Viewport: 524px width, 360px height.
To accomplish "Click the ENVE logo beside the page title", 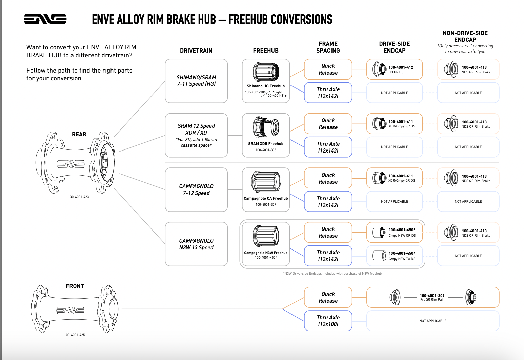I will (x=45, y=19).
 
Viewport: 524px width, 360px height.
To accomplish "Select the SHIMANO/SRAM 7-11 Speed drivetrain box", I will (x=196, y=81).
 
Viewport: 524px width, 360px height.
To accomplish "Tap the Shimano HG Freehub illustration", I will (x=266, y=72).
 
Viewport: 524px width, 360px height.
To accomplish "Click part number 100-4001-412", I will (x=401, y=67).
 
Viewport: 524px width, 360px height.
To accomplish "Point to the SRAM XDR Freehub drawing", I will (x=266, y=127).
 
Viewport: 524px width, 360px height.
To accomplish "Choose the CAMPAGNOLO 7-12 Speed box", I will (x=196, y=189).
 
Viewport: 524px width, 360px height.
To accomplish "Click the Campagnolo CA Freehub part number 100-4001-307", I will (x=266, y=205).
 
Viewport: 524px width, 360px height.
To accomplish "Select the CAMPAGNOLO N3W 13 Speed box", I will (x=196, y=244).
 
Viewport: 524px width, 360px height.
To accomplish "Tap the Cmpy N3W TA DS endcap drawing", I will (x=379, y=256).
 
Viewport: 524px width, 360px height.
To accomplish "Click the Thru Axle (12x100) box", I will (x=328, y=321).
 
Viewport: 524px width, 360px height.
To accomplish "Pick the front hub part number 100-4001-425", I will (x=75, y=335).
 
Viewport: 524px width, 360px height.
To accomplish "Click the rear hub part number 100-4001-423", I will (x=79, y=197).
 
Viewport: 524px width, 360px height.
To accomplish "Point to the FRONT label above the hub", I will (x=75, y=286).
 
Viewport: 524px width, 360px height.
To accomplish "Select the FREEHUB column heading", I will (x=266, y=51).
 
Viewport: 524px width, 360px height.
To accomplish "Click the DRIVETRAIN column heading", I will (x=196, y=51).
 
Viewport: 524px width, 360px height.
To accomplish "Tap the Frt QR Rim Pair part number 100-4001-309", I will (x=432, y=296).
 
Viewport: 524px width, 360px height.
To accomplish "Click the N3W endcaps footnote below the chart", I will (x=332, y=274).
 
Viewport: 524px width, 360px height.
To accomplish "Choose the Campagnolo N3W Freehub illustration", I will (x=266, y=236).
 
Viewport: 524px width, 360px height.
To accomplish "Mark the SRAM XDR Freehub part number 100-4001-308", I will (x=266, y=150).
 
